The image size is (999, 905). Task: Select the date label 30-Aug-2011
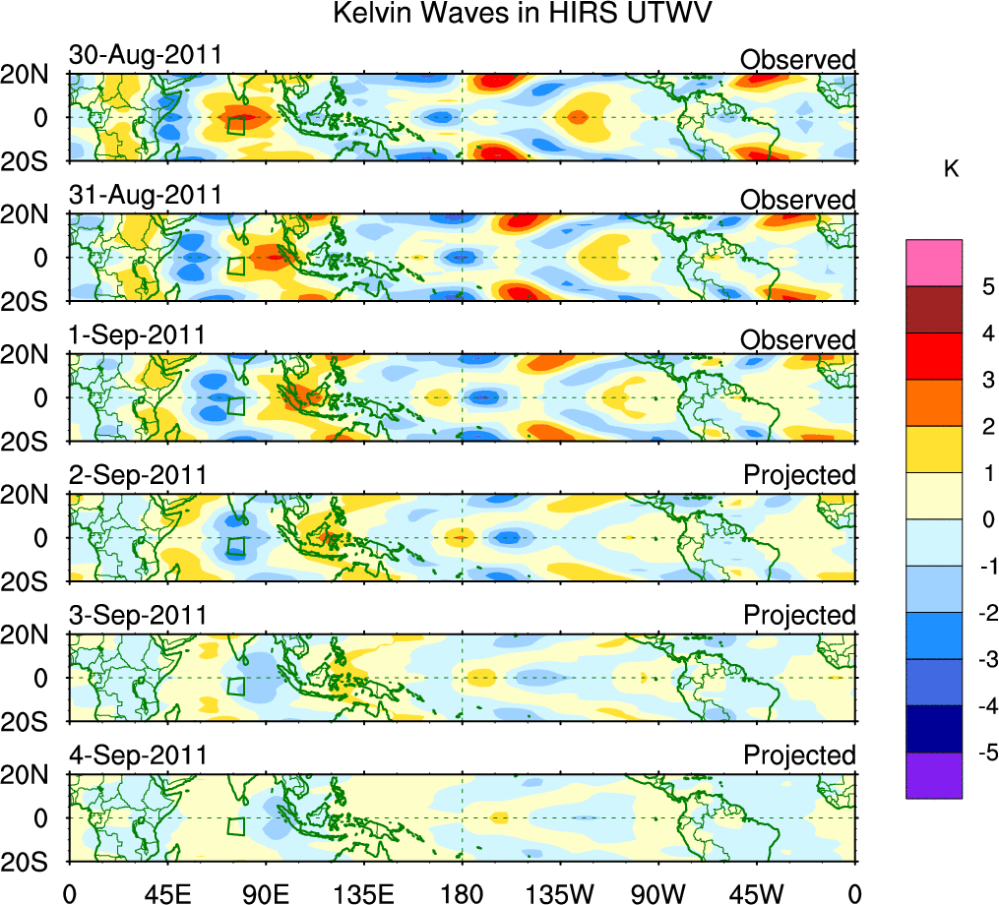click(x=145, y=56)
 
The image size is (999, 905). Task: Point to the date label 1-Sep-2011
click(x=137, y=334)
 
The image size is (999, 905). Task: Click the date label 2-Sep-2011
click(x=137, y=475)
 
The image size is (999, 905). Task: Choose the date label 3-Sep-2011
click(x=137, y=615)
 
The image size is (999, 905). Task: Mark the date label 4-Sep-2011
click(x=137, y=755)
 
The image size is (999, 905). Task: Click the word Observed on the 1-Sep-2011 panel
click(x=798, y=340)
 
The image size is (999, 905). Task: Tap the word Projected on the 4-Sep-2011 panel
click(x=799, y=755)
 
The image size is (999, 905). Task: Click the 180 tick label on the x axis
click(x=463, y=891)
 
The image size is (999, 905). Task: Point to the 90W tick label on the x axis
click(x=657, y=891)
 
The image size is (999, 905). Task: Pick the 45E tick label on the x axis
click(x=166, y=891)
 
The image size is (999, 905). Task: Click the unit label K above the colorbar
click(x=951, y=169)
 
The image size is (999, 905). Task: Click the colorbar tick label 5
click(x=987, y=286)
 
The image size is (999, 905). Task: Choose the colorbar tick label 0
click(x=987, y=519)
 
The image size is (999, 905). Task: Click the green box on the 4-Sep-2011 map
click(x=235, y=825)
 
